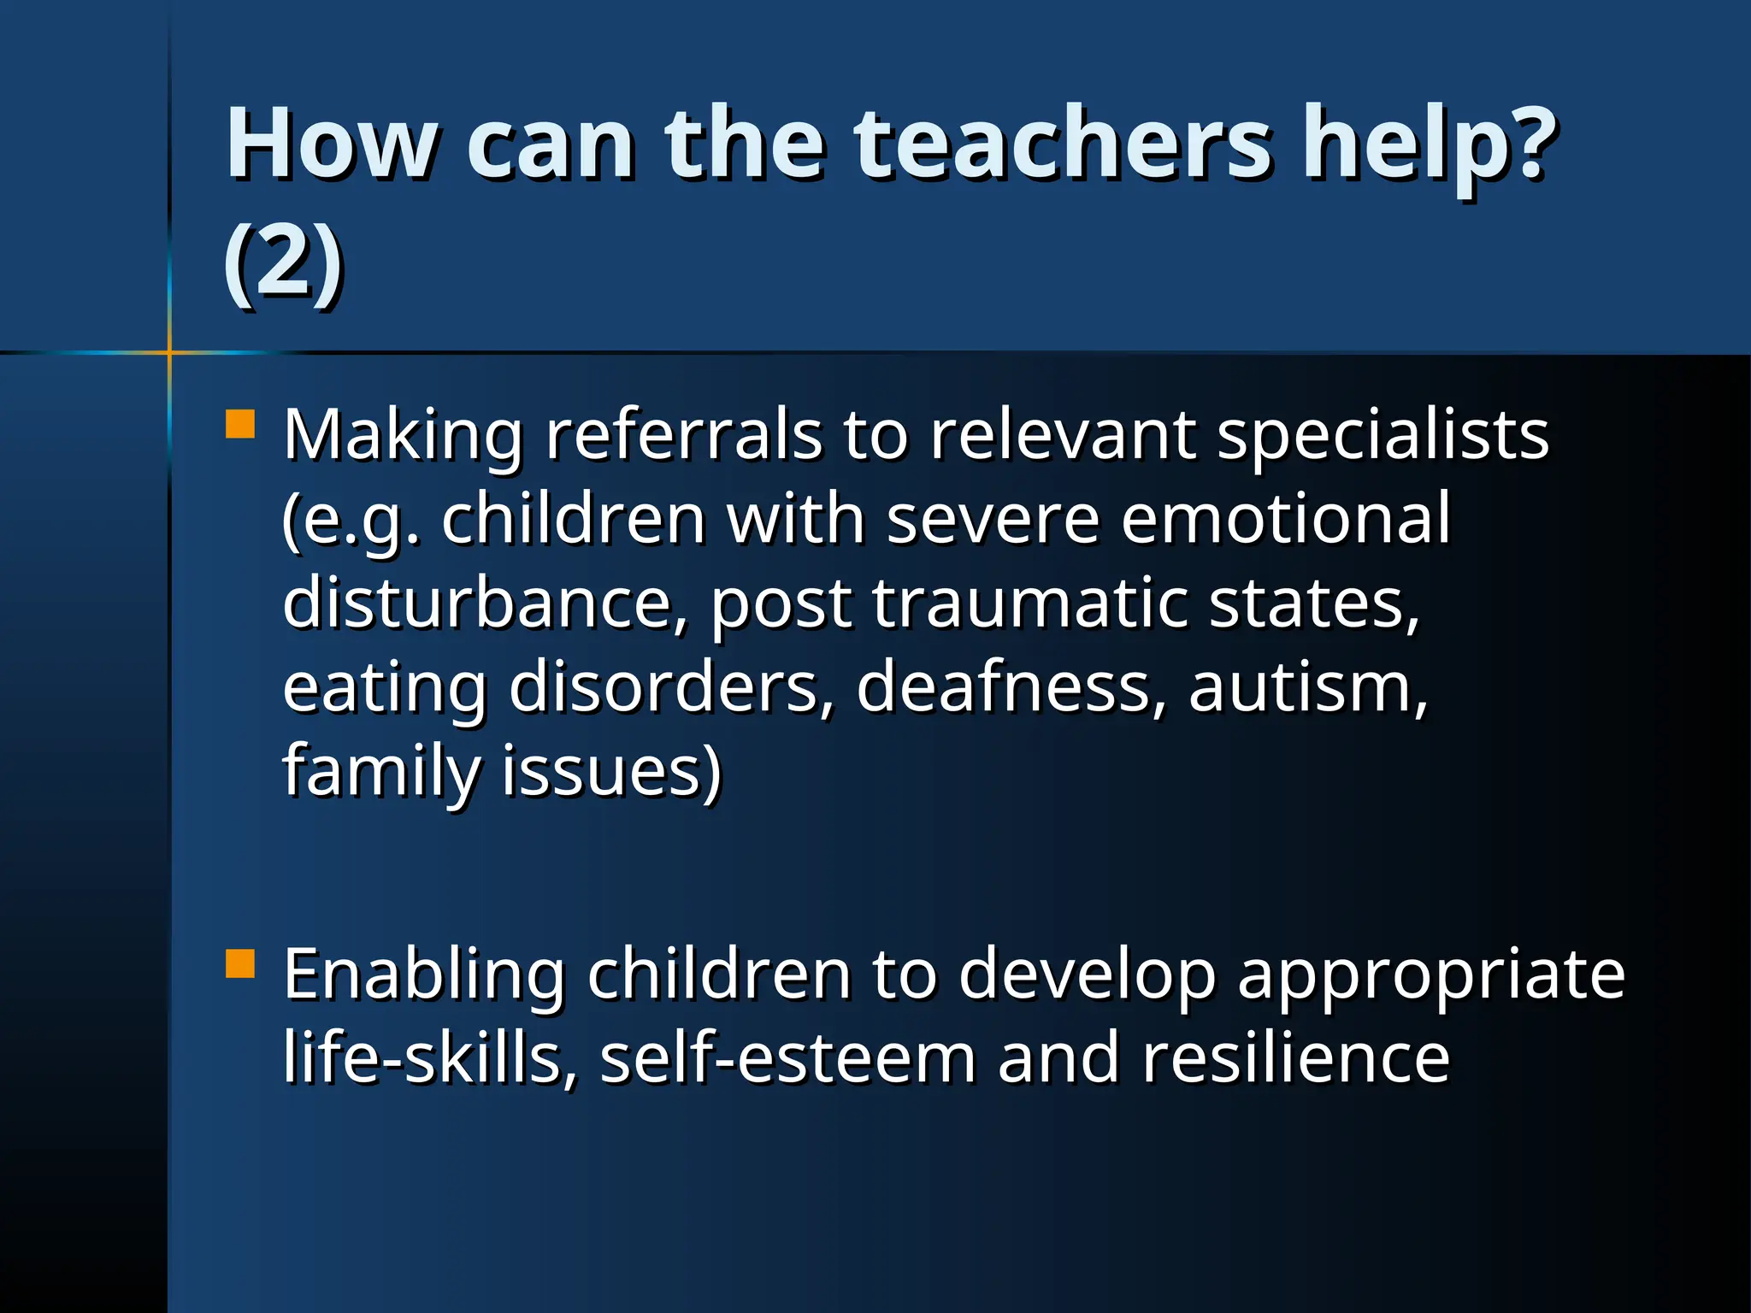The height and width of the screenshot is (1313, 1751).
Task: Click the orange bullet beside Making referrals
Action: point(240,425)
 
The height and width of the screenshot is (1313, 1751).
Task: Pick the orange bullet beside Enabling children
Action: point(240,963)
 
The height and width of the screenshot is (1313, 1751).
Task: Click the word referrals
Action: point(683,435)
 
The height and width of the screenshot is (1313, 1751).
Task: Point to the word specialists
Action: point(1383,435)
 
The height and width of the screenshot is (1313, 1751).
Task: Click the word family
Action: point(380,772)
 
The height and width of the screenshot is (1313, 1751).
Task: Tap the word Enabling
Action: point(423,974)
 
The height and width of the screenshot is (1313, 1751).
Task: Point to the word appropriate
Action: point(1430,975)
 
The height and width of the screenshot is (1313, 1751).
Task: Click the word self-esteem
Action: point(787,1057)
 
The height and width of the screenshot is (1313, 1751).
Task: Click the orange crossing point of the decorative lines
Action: point(169,352)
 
